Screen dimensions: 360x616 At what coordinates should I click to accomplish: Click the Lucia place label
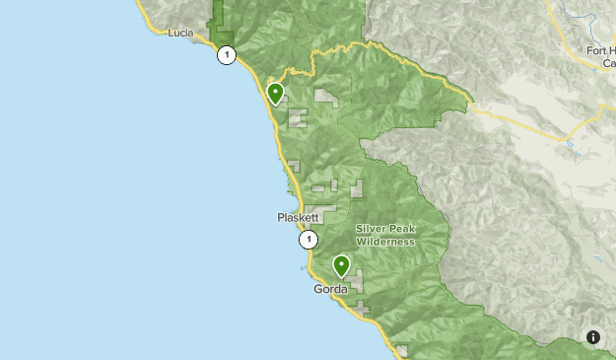[x=180, y=33]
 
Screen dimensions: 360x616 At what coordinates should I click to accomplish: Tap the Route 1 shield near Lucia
[x=228, y=55]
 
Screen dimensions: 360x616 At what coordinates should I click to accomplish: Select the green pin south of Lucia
[x=276, y=94]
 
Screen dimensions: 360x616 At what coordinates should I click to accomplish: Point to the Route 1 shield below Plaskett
[x=309, y=240]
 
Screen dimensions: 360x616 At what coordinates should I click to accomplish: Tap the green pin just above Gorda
[x=341, y=265]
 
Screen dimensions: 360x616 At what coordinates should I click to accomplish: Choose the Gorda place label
[x=330, y=289]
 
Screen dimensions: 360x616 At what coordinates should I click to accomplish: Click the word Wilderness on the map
[x=385, y=242]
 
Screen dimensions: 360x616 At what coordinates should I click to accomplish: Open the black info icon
[x=593, y=337]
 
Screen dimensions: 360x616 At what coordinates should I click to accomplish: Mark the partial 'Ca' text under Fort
[x=607, y=63]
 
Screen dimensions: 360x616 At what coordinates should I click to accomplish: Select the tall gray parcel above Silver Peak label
[x=356, y=188]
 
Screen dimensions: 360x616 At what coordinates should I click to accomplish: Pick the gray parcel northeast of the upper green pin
[x=326, y=98]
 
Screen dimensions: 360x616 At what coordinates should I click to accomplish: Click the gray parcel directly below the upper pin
[x=297, y=118]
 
